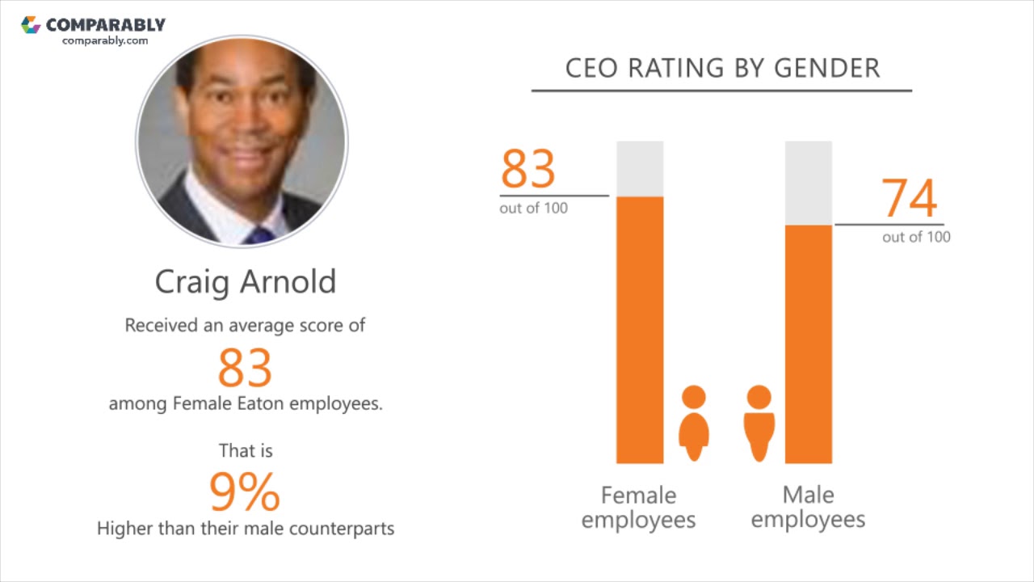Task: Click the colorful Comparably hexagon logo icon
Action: pyautogui.click(x=31, y=25)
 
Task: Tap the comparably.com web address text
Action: pyautogui.click(x=105, y=40)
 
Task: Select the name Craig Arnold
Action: pyautogui.click(x=245, y=281)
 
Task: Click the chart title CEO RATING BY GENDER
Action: pyautogui.click(x=721, y=68)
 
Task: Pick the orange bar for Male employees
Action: pyautogui.click(x=809, y=344)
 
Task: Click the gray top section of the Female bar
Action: pyautogui.click(x=640, y=169)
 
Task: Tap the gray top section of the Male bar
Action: pyautogui.click(x=809, y=183)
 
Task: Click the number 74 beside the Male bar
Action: pyautogui.click(x=909, y=199)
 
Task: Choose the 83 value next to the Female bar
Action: pyautogui.click(x=528, y=169)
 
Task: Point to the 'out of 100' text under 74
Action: pyautogui.click(x=916, y=237)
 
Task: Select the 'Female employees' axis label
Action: pyautogui.click(x=638, y=507)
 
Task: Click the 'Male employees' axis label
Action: pyautogui.click(x=808, y=507)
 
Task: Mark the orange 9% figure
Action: pyautogui.click(x=245, y=491)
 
